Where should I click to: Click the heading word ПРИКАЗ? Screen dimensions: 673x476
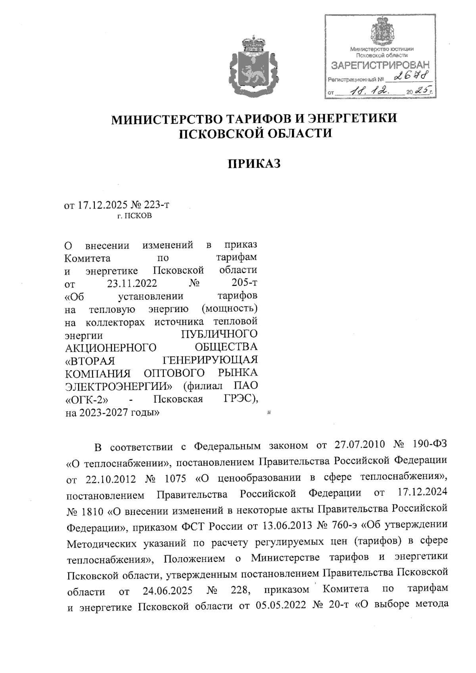click(254, 163)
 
